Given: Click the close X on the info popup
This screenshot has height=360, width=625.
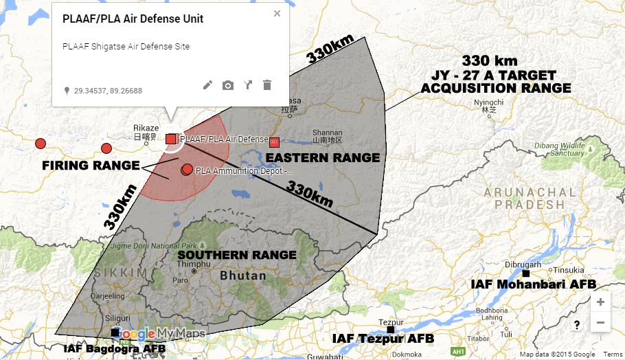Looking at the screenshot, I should pos(277,13).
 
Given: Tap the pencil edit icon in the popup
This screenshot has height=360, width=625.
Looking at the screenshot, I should pos(207,85).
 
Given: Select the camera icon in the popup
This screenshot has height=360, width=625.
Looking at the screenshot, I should pos(227,85).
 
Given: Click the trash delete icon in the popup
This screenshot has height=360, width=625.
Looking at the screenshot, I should pos(267,85).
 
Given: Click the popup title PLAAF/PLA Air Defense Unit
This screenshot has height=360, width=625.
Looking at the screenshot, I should pos(133,19).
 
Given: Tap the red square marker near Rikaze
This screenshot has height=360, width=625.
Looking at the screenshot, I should pos(171,139).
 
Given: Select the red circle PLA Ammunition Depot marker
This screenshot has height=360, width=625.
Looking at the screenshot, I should pos(187,169).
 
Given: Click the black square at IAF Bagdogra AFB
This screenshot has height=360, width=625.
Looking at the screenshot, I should pos(115,333).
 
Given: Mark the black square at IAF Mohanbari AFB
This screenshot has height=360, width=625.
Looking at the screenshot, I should pos(525,273).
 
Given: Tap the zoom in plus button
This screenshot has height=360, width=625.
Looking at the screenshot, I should pos(600,302).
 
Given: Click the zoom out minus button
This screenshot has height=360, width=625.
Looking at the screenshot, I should pos(600,322).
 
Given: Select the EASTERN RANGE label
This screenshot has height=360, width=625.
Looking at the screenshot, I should pos(322,158).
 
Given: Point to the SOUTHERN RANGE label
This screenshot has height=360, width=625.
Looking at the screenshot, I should pos(236,255).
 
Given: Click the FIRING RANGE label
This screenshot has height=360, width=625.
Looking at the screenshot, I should pos(89,166).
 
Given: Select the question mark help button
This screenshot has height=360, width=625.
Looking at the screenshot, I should pos(577,325).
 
